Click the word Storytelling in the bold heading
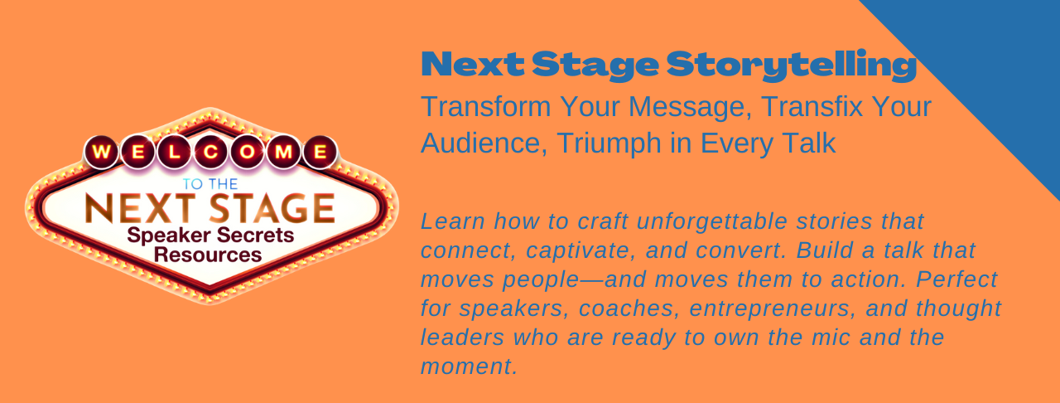click(792, 65)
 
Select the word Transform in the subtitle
click(486, 106)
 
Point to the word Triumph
click(609, 144)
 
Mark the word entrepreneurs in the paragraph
click(773, 309)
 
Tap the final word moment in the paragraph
click(469, 367)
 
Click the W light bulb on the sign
click(101, 152)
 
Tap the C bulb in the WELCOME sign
click(210, 153)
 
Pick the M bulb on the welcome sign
click(283, 153)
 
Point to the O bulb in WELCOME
click(247, 153)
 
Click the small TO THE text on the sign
click(210, 184)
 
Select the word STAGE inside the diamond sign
click(272, 208)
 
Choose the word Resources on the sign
click(208, 255)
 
